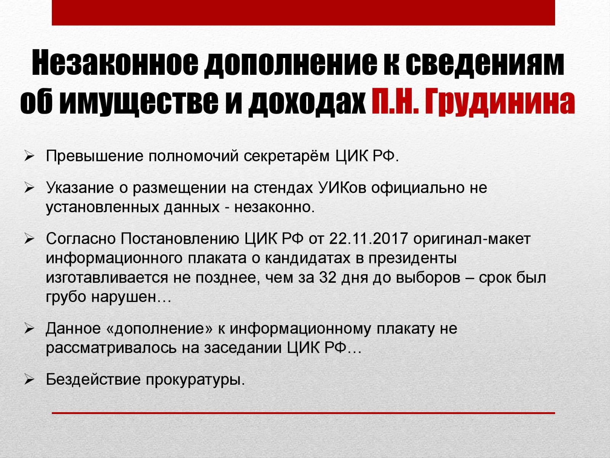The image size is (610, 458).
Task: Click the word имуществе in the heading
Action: [139, 102]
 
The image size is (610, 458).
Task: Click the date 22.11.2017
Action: [369, 239]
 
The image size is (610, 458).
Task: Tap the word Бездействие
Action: [93, 379]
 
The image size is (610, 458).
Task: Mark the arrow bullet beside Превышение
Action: [29, 156]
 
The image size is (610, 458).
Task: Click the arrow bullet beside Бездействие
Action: [29, 379]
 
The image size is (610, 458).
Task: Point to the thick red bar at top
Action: [303, 13]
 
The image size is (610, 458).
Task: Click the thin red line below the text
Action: [303, 413]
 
